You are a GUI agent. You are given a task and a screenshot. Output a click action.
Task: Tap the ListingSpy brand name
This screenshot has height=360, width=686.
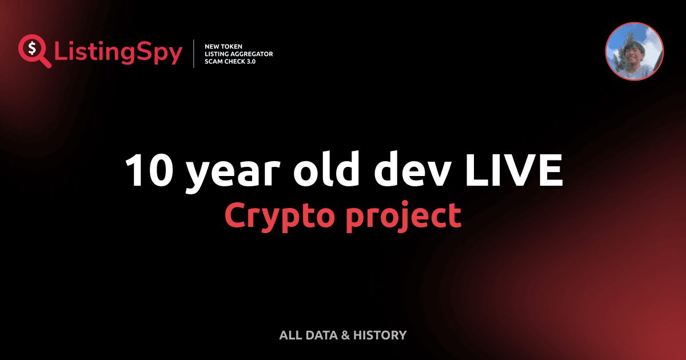[x=118, y=53]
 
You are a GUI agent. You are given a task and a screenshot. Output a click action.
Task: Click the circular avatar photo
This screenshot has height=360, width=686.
[x=634, y=51]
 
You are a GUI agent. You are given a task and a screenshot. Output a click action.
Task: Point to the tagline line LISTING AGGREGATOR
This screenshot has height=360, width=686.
[x=238, y=54]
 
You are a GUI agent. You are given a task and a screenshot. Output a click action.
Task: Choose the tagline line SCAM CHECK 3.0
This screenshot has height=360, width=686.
[x=230, y=61]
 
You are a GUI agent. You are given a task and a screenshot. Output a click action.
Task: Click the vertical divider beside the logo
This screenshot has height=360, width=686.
[x=194, y=54]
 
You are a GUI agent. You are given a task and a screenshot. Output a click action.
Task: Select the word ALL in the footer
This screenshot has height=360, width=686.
[x=289, y=335]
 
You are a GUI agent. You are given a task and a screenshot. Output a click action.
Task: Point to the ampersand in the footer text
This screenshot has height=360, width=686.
[x=345, y=335]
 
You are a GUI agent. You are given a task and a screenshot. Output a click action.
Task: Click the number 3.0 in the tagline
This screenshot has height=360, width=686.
[x=250, y=61]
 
